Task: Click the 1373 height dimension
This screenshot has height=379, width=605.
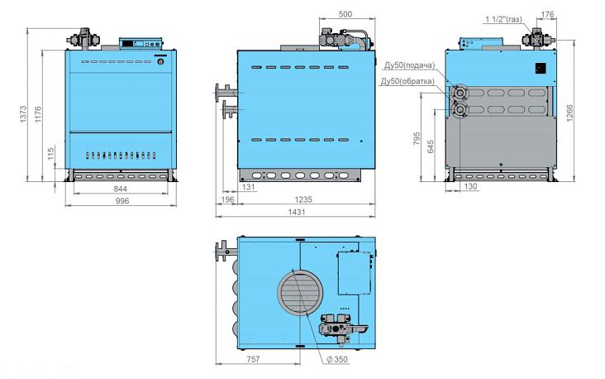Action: [23, 114]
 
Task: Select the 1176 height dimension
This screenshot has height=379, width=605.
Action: [38, 114]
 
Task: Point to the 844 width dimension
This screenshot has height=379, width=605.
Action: [121, 189]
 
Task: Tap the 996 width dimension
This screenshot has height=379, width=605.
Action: [122, 201]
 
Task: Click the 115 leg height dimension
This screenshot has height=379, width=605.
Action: [51, 154]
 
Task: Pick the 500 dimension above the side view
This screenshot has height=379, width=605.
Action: [345, 14]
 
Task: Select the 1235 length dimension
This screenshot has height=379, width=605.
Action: [303, 199]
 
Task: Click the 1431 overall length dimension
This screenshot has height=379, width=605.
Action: [297, 212]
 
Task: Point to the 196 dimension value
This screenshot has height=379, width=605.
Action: [228, 199]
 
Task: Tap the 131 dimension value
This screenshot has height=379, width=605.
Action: [249, 187]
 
